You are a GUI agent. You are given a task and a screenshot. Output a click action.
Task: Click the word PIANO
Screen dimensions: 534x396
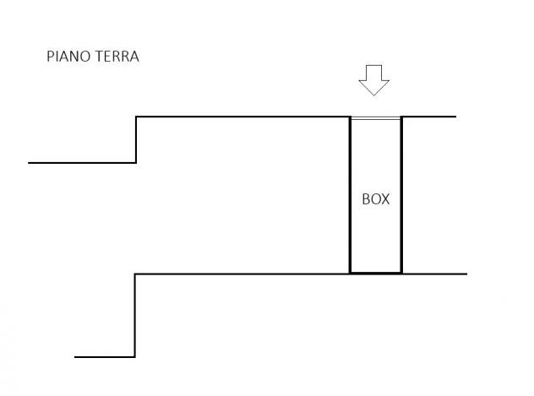pyautogui.click(x=68, y=57)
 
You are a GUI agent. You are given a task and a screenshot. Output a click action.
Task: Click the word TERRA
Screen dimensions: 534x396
pyautogui.click(x=117, y=57)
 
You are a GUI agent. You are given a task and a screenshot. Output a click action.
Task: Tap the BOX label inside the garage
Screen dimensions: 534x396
pyautogui.click(x=376, y=199)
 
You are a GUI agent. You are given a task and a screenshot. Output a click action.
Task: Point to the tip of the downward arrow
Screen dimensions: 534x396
pyautogui.click(x=374, y=95)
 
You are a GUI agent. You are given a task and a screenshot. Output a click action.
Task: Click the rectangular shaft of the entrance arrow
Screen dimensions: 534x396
pyautogui.click(x=374, y=73)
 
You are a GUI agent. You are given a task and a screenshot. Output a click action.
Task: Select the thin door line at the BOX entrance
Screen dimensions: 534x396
pyautogui.click(x=376, y=118)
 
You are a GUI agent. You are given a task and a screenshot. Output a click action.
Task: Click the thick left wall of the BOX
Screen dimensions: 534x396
pyautogui.click(x=350, y=194)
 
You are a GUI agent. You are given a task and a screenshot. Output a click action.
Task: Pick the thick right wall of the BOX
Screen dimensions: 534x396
pyautogui.click(x=402, y=194)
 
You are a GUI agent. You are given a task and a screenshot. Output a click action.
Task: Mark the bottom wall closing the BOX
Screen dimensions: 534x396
pyautogui.click(x=376, y=273)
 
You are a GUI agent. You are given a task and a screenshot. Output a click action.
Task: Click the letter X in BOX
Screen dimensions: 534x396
pyautogui.click(x=384, y=199)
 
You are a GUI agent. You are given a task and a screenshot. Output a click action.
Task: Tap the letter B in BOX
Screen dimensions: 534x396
pyautogui.click(x=366, y=199)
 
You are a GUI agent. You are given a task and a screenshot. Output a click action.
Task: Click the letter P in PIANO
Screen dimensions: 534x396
pyautogui.click(x=50, y=57)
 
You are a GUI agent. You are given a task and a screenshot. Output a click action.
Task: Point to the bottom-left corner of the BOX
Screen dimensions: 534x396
pyautogui.click(x=350, y=273)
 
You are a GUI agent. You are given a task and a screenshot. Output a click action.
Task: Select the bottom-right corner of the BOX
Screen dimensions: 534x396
pyautogui.click(x=402, y=273)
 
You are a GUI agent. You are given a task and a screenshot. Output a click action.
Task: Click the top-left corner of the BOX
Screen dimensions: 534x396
pyautogui.click(x=350, y=117)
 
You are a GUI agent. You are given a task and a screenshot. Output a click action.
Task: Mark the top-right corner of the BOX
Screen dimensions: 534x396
pyautogui.click(x=402, y=117)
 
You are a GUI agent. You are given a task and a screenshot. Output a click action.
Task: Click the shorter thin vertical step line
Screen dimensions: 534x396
pyautogui.click(x=136, y=140)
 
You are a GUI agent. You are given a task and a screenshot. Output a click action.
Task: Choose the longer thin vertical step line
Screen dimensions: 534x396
pyautogui.click(x=135, y=316)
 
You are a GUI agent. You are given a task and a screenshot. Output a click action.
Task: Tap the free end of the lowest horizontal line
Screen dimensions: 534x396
pyautogui.click(x=74, y=357)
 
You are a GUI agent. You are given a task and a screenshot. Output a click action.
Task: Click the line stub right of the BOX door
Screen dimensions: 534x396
pyautogui.click(x=429, y=117)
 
